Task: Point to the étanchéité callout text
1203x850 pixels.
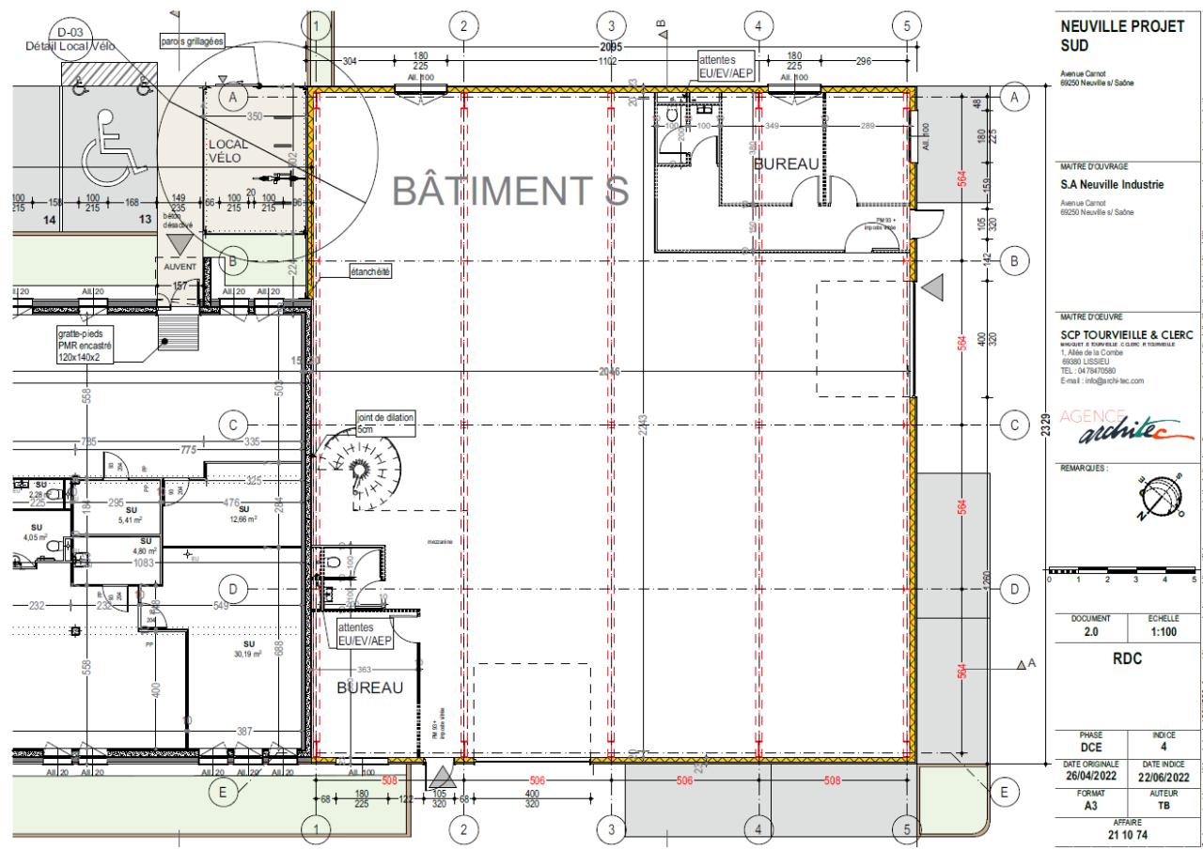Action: [369, 271]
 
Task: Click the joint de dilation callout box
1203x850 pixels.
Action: [384, 422]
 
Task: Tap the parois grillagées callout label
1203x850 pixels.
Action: [192, 41]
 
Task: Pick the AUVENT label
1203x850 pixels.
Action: [179, 267]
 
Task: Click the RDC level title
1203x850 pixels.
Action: [1126, 658]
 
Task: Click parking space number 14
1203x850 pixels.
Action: [51, 219]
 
